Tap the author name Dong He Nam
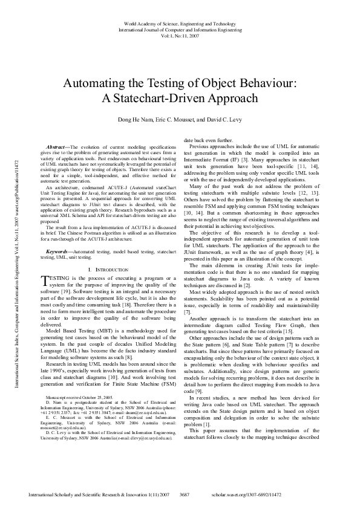pos(134,120)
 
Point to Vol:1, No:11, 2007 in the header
pos(180,35)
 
